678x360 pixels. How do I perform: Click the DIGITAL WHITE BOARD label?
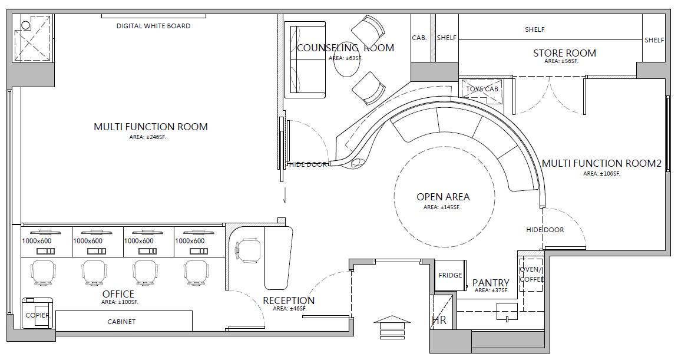click(x=154, y=26)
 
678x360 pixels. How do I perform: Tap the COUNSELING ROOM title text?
click(x=346, y=48)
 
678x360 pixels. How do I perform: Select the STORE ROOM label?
click(x=564, y=53)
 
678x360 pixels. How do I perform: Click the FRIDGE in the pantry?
click(x=450, y=275)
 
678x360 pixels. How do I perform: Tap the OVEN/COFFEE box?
click(x=531, y=275)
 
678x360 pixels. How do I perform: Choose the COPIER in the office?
click(x=38, y=313)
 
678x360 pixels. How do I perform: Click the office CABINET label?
click(x=121, y=322)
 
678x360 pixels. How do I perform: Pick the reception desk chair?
click(x=248, y=250)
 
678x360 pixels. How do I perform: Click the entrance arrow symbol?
click(x=391, y=326)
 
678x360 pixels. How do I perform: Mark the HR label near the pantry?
click(x=439, y=321)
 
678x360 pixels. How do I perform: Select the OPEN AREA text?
click(x=443, y=197)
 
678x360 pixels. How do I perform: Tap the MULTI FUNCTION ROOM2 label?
click(x=602, y=164)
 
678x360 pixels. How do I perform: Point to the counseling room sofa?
click(x=305, y=60)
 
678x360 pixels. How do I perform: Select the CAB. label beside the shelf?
click(x=419, y=38)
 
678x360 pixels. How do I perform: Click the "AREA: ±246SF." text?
click(x=148, y=137)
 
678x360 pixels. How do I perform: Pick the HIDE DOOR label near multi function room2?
click(x=545, y=230)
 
